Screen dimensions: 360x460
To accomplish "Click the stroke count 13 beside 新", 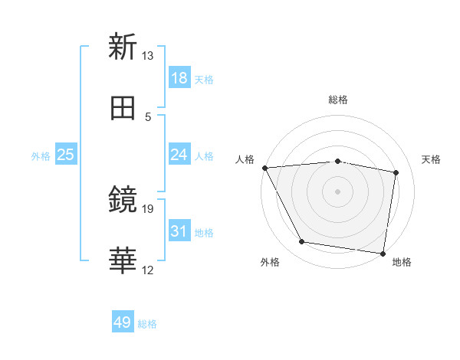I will tap(147, 56).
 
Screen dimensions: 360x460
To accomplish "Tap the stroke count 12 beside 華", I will tap(147, 270).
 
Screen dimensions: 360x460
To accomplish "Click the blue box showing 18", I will tap(179, 78).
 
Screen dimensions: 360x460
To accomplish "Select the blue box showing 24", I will tap(179, 155).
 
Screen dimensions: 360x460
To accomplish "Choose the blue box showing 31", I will tap(179, 231).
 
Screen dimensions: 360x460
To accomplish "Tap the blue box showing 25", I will tap(66, 155).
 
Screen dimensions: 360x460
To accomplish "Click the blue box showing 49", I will tap(123, 322).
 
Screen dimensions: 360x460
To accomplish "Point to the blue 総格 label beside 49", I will tap(147, 324).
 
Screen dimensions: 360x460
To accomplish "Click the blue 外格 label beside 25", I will tap(41, 156).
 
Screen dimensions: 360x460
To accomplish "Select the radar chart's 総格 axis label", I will tap(338, 100).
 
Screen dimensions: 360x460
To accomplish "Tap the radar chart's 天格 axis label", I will tap(432, 159).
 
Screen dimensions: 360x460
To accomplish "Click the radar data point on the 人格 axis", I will tap(264, 168).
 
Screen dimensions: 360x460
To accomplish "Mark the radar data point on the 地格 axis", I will tap(383, 253).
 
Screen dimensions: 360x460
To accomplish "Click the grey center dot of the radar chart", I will tap(338, 191).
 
